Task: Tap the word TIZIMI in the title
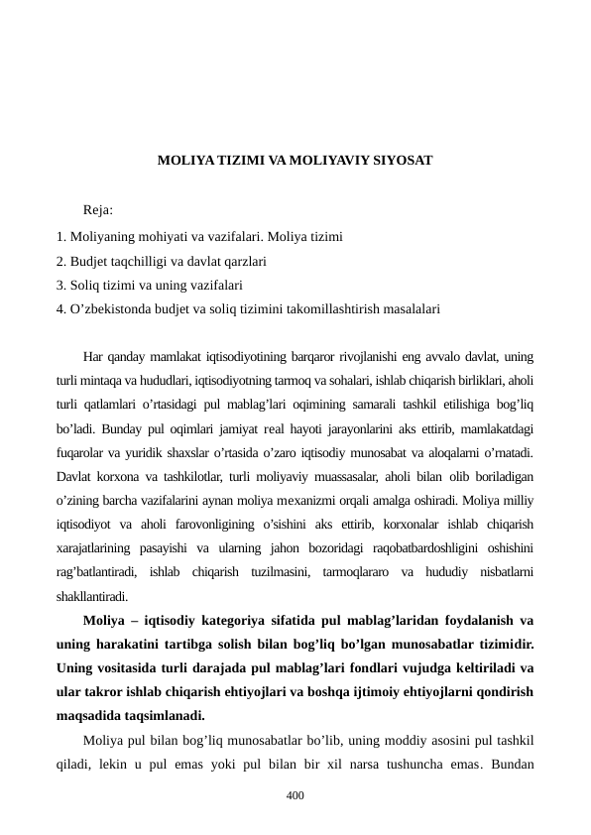click(227, 159)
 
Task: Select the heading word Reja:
click(98, 210)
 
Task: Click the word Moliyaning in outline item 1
click(100, 238)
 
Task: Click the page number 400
click(295, 795)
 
